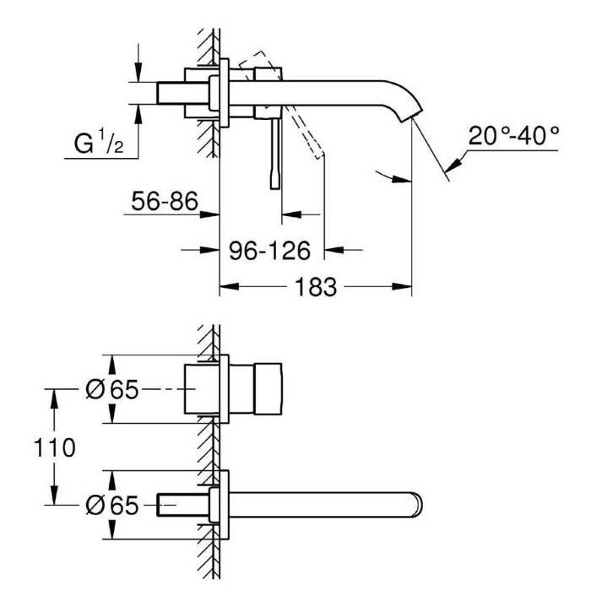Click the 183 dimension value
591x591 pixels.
316,287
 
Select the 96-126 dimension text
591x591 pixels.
270,251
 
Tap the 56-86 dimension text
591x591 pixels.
165,201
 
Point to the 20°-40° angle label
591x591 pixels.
513,136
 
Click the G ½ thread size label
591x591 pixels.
99,143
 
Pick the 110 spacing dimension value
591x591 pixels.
55,447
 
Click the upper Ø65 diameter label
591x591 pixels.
112,389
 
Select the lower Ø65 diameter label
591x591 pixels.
112,505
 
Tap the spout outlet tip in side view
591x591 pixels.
410,117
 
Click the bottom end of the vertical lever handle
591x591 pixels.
275,187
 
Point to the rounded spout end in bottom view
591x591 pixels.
418,505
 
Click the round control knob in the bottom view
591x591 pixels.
268,389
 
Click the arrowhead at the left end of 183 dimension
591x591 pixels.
229,287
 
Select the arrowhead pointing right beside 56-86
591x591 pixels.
209,214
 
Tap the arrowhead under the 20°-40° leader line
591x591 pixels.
454,165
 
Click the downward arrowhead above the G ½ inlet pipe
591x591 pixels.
138,72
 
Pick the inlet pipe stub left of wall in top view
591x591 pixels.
183,93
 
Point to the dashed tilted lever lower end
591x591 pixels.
318,155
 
